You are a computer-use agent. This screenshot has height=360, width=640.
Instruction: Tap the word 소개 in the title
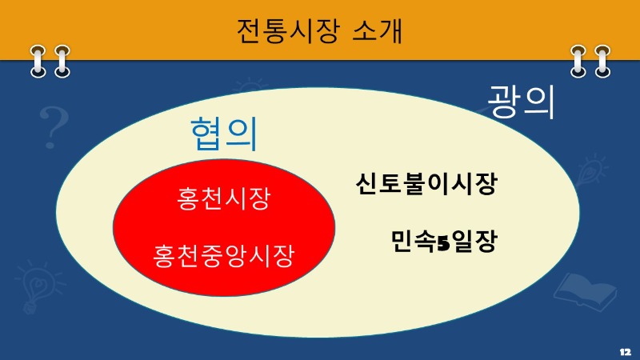377,31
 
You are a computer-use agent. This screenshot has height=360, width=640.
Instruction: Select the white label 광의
522,102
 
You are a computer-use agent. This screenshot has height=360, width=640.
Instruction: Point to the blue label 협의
224,134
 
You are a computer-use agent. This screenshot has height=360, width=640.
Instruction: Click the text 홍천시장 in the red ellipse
223,198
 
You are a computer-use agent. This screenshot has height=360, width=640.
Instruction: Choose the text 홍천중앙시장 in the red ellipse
223,256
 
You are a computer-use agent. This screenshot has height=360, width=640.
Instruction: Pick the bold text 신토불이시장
427,185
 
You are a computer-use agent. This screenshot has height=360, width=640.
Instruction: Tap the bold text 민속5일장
444,241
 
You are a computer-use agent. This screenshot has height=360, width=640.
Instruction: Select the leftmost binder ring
38,62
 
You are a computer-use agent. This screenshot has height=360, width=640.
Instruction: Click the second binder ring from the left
60,62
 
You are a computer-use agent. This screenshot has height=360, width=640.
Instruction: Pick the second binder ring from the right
578,62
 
